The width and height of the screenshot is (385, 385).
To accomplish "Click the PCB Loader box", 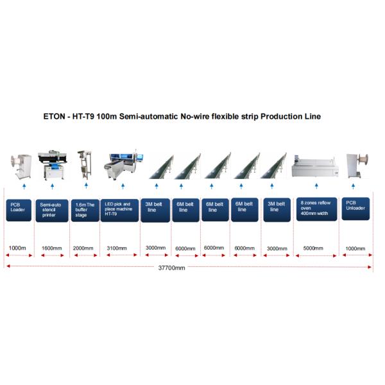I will pyautogui.click(x=20, y=209).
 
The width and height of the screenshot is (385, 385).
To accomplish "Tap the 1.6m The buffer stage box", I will pyautogui.click(x=85, y=209).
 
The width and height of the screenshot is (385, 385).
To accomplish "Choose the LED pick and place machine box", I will pyautogui.click(x=119, y=209).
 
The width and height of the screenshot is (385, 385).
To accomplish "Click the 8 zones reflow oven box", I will pyautogui.click(x=315, y=209).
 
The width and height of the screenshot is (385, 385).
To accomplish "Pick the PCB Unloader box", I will pyautogui.click(x=356, y=209).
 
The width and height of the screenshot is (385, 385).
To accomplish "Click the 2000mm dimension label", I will pyautogui.click(x=83, y=248).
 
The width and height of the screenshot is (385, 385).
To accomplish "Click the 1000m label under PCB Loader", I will pyautogui.click(x=19, y=248).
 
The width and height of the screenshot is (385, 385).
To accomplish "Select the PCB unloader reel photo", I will pyautogui.click(x=357, y=166).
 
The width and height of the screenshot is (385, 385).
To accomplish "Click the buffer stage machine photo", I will pyautogui.click(x=84, y=164).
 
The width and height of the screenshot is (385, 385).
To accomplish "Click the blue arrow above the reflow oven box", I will pyautogui.click(x=315, y=186).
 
